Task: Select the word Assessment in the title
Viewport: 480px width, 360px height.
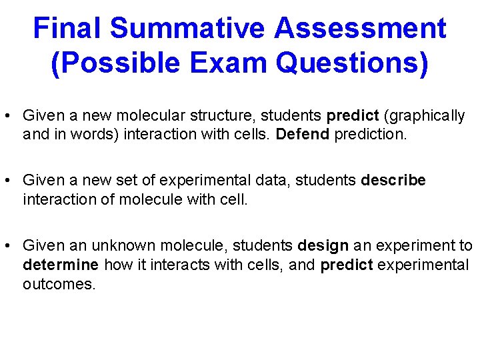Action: pyautogui.click(x=360, y=29)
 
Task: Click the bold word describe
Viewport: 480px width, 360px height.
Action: pyautogui.click(x=393, y=181)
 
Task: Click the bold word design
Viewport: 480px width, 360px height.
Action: pyautogui.click(x=323, y=246)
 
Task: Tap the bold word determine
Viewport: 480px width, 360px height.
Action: pyautogui.click(x=61, y=265)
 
